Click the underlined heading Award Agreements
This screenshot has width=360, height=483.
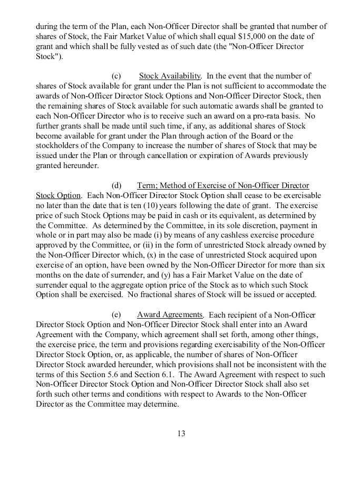(x=170, y=315)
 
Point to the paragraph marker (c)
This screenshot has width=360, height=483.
(x=117, y=76)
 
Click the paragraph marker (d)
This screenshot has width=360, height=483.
(x=117, y=185)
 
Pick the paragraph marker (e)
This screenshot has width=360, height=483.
(x=117, y=315)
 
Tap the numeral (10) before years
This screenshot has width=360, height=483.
(x=188, y=205)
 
